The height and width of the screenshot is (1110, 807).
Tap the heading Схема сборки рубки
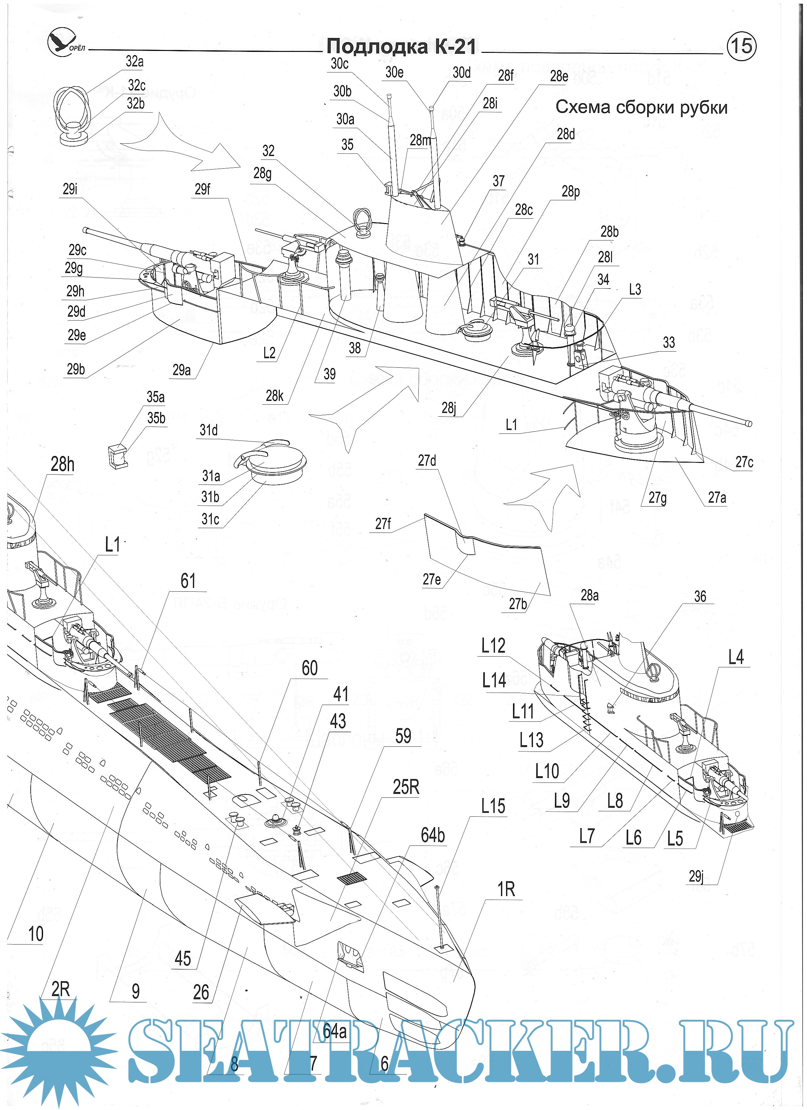pos(641,107)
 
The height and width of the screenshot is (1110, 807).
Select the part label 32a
pos(134,62)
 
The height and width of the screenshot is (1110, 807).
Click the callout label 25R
pos(406,787)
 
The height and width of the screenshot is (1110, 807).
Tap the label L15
pos(493,806)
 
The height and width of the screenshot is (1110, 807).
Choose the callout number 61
pos(188,581)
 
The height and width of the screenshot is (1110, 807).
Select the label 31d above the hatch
pos(209,430)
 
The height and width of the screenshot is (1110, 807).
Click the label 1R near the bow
pos(506,889)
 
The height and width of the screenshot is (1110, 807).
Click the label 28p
pos(570,191)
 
